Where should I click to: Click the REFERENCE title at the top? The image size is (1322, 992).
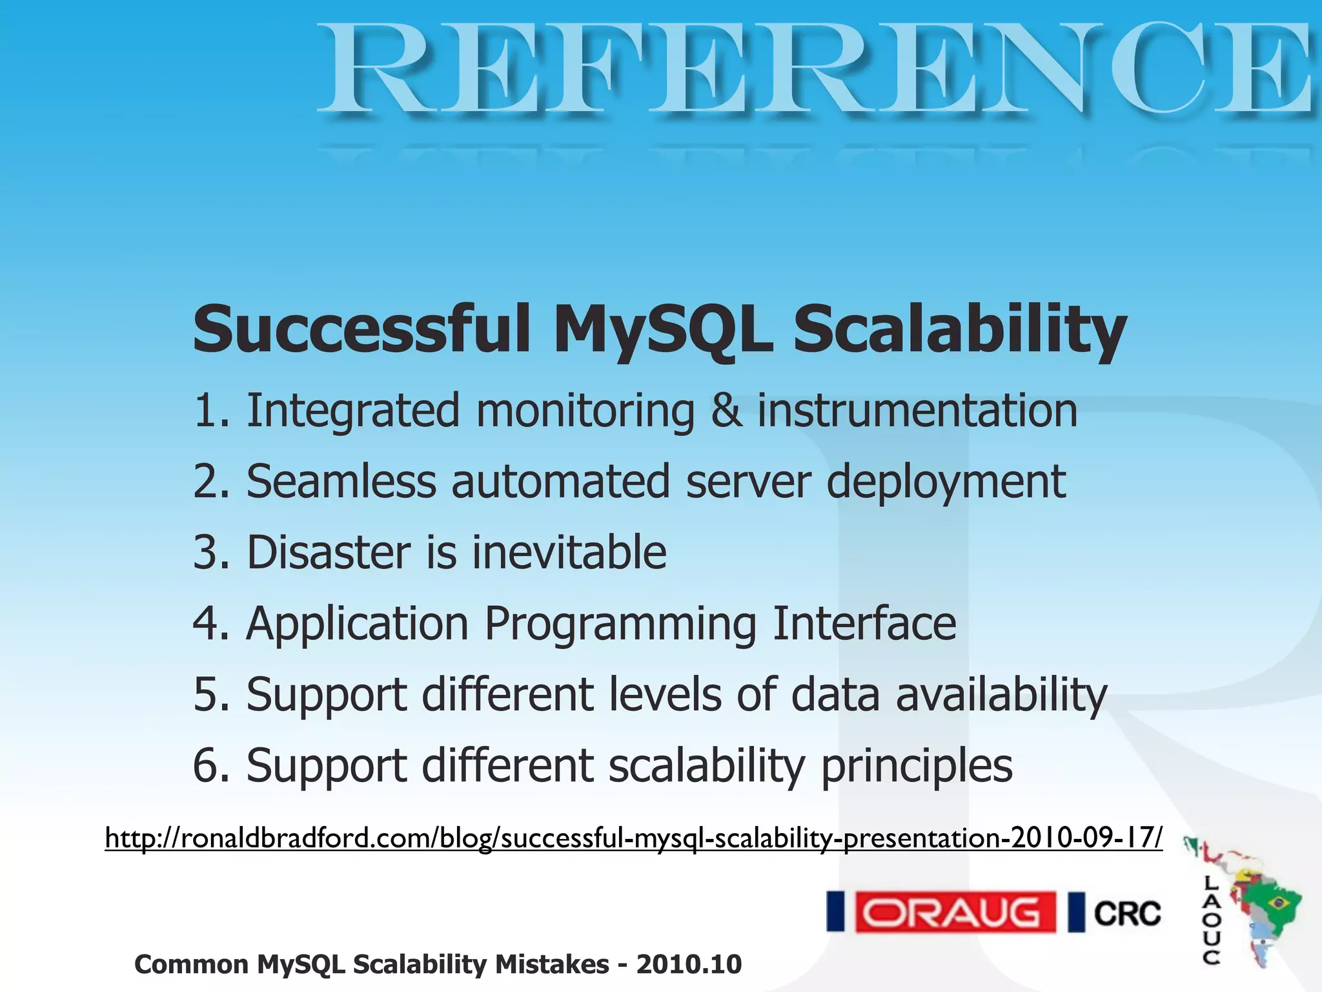tap(817, 70)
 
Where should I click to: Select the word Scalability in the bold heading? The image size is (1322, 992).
tap(960, 329)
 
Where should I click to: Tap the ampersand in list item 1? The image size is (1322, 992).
tap(726, 411)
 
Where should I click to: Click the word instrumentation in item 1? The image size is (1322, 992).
tap(917, 411)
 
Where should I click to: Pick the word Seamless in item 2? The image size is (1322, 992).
tap(341, 482)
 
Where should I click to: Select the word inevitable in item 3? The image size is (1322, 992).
tap(569, 553)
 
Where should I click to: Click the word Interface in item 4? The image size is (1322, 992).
tap(864, 624)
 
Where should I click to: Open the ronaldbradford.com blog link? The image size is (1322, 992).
tap(633, 838)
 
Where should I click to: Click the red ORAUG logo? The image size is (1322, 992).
tap(955, 912)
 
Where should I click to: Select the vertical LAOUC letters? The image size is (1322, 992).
tap(1211, 920)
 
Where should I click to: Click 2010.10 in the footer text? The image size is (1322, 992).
tap(689, 964)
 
